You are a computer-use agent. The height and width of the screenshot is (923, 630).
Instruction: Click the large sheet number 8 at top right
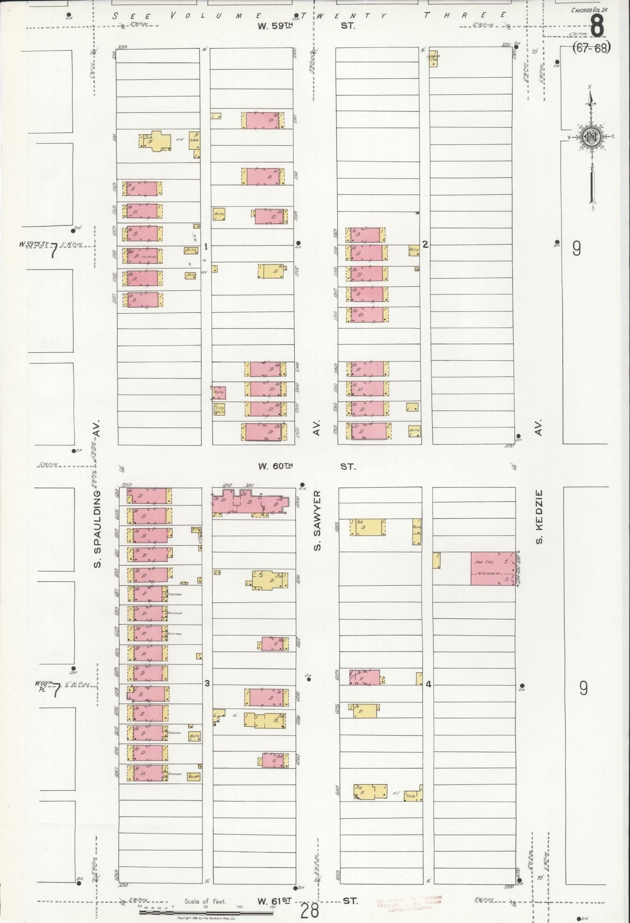point(597,26)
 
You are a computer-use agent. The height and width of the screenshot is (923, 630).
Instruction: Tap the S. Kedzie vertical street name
point(539,517)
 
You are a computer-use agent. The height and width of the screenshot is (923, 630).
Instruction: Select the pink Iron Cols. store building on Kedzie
point(493,568)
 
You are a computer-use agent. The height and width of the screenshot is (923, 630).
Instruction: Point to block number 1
point(206,246)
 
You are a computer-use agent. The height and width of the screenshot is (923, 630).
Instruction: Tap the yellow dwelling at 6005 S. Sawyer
point(368,527)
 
